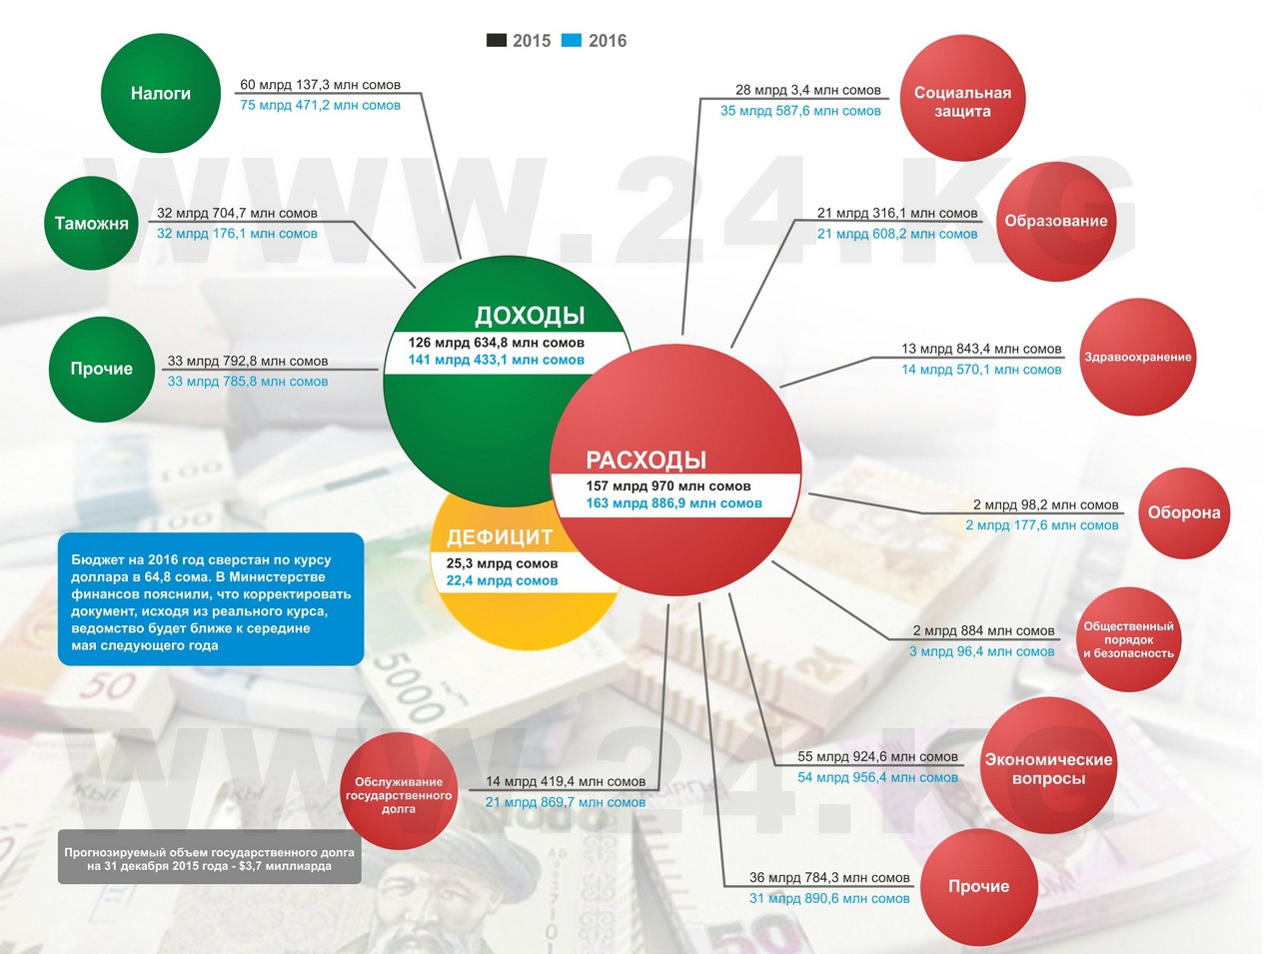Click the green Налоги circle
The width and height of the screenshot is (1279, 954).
[x=161, y=93]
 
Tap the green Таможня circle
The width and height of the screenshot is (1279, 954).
[x=92, y=223]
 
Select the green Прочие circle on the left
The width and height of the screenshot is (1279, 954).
[x=101, y=369]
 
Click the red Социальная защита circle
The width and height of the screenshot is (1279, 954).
[x=962, y=99]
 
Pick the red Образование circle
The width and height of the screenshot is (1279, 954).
[x=1056, y=221]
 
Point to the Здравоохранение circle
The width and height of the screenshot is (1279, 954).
[x=1138, y=357]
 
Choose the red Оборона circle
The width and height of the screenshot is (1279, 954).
[x=1184, y=512]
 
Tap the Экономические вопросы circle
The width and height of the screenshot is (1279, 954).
[x=1048, y=767]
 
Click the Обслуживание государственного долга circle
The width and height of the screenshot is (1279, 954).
[x=399, y=792]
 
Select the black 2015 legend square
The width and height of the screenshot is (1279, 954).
[x=496, y=41]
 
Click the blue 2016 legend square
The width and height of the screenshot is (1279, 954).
[x=572, y=41]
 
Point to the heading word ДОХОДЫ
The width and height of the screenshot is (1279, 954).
[x=530, y=316]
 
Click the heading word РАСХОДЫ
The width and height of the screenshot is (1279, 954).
[x=645, y=461]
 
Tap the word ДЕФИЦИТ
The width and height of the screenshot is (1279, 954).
[x=500, y=537]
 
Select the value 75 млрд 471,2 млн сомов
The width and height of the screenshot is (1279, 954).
[x=320, y=105]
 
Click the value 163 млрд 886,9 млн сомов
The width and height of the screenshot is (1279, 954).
[x=673, y=503]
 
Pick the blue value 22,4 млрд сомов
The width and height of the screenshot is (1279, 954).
[x=502, y=580]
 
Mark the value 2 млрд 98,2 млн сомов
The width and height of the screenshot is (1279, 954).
[x=1045, y=504]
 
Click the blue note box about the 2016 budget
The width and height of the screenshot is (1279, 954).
[x=211, y=599]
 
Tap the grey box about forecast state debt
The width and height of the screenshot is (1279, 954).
[x=209, y=858]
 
